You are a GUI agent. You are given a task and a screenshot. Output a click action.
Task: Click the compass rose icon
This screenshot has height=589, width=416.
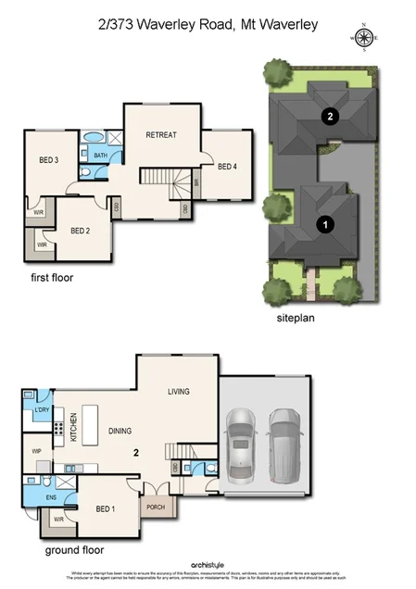363,38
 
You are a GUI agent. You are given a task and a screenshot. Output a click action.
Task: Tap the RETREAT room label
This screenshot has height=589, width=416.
161,135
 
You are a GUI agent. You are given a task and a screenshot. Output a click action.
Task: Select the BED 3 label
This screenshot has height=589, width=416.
49,160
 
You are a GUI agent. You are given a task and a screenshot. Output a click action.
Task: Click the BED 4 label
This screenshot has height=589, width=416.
227,167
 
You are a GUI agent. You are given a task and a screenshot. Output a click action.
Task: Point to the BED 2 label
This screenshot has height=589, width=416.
81,231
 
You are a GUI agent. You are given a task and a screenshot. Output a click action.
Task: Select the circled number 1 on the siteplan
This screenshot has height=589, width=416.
324,223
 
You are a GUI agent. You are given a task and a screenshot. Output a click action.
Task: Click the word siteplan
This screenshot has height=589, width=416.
296,317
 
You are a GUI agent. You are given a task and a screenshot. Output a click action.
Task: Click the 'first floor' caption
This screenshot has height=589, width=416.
51,277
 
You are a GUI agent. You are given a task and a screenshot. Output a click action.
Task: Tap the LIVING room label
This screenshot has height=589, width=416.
179,392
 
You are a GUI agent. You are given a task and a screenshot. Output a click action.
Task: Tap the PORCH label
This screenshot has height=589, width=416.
153,507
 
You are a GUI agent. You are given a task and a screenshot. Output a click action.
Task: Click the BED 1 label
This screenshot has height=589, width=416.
106,508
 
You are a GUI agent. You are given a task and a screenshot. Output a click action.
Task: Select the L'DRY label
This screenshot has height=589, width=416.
41,409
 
